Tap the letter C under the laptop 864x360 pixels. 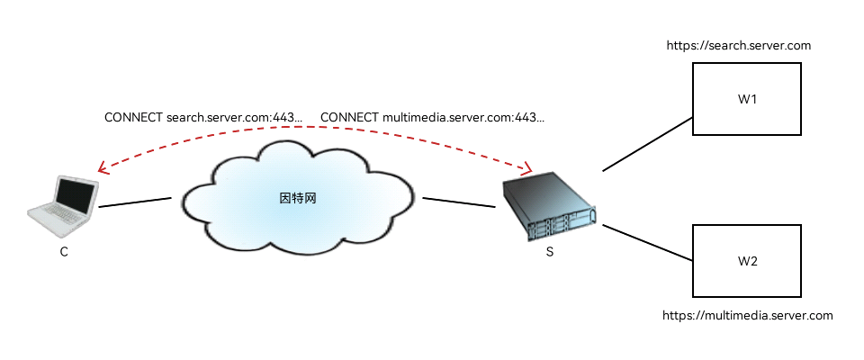(x=64, y=253)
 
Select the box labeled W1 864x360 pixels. (x=746, y=99)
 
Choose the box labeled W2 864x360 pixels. (x=746, y=261)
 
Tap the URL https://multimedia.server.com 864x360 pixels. (x=747, y=316)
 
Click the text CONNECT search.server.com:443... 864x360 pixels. (x=203, y=118)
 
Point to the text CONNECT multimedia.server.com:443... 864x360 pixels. (x=432, y=118)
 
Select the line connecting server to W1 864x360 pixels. (x=647, y=143)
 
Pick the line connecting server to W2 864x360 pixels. (x=647, y=242)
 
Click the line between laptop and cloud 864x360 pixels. (x=134, y=202)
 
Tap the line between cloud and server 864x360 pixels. (x=459, y=202)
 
